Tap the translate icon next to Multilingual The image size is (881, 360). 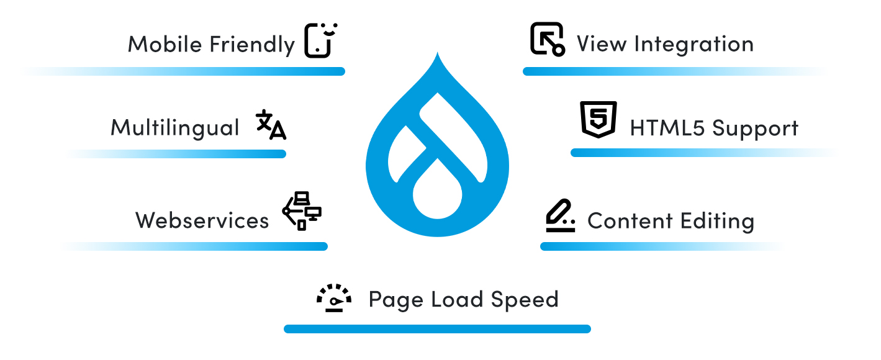pos(271,125)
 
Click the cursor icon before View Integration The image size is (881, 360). pos(546,40)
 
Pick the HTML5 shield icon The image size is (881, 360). pos(598,120)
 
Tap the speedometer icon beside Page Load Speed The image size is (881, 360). pos(334,298)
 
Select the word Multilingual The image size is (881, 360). pos(174,128)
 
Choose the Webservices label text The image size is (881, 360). pos(202,220)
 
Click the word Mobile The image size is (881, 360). pos(165,45)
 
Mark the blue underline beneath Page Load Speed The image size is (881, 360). pos(437,329)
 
